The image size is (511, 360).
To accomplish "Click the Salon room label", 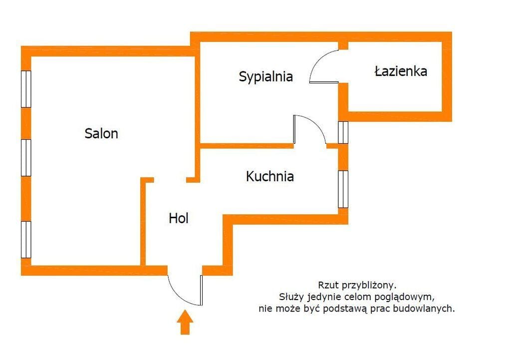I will click(101, 133).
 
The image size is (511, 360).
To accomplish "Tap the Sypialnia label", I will click(265, 77).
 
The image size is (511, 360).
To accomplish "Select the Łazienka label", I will click(401, 71).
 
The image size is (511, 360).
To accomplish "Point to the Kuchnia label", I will click(269, 176).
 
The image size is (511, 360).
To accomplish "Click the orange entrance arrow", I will click(185, 322).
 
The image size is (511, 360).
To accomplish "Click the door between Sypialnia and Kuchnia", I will click(309, 130).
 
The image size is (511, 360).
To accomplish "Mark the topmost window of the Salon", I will click(26, 89).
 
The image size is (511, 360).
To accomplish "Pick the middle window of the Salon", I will click(26, 158).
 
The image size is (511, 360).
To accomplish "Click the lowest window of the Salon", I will click(26, 240).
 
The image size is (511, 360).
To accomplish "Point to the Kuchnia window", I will click(343, 189).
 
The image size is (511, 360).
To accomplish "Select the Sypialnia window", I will click(343, 132).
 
